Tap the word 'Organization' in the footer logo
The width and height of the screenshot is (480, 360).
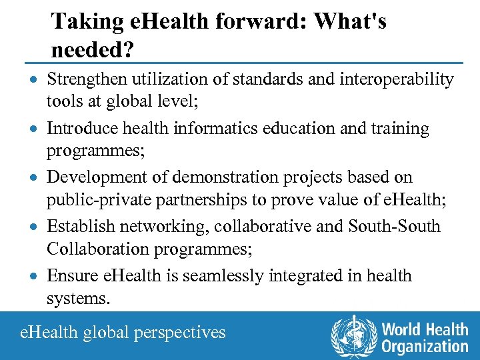[x=425, y=346]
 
